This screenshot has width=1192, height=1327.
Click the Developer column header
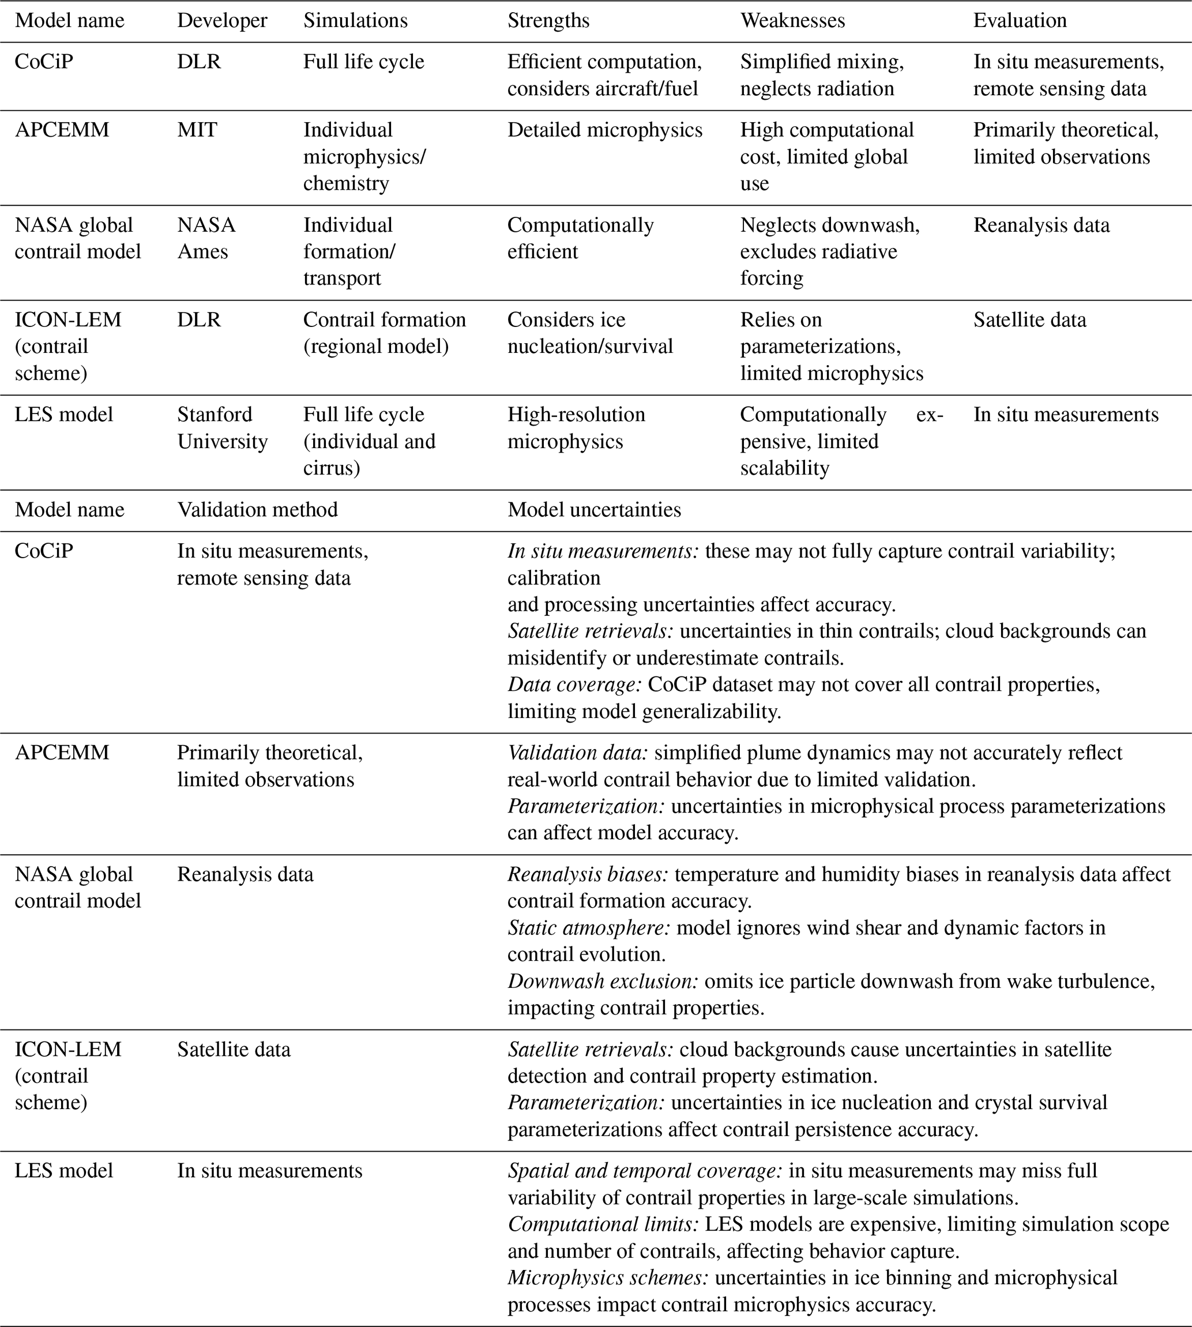(222, 21)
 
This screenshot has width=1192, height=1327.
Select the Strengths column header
(548, 21)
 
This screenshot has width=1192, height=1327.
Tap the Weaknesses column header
(792, 21)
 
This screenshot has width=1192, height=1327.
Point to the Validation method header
(257, 510)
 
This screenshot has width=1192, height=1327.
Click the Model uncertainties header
(594, 510)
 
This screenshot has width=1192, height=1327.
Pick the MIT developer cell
(197, 130)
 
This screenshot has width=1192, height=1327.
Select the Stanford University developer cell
(222, 428)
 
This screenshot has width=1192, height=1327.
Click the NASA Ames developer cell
(206, 238)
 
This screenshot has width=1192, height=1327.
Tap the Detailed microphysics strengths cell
(604, 130)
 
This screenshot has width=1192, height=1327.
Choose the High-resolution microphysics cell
(576, 428)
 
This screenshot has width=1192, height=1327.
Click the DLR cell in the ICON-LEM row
(199, 319)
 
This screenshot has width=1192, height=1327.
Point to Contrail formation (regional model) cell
(385, 333)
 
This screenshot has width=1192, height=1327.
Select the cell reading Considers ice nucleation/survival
(589, 333)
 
